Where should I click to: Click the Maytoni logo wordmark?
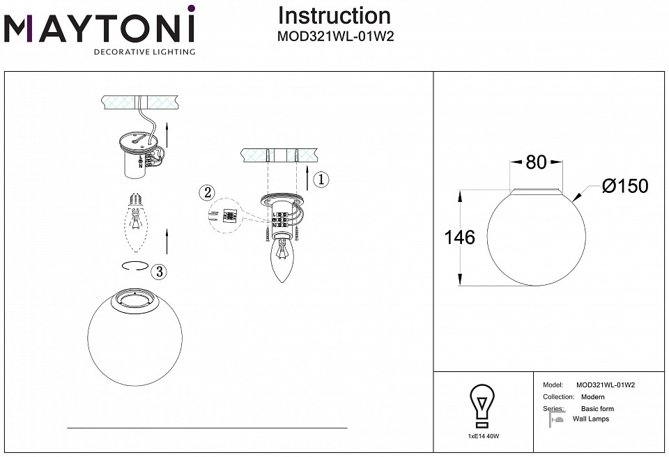click(x=100, y=29)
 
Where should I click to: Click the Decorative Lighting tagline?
click(x=144, y=52)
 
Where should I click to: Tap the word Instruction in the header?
click(x=334, y=15)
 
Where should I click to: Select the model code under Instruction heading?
click(x=336, y=38)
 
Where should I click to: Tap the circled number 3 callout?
click(x=160, y=272)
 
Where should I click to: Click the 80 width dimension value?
click(x=536, y=162)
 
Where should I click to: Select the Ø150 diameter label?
click(x=624, y=186)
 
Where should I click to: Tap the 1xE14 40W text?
click(x=484, y=435)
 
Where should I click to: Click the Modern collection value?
click(x=592, y=397)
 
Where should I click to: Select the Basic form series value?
click(x=597, y=409)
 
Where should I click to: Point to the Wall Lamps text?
click(x=590, y=419)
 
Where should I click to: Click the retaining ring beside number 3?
click(x=132, y=266)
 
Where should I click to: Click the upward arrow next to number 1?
click(x=307, y=180)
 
